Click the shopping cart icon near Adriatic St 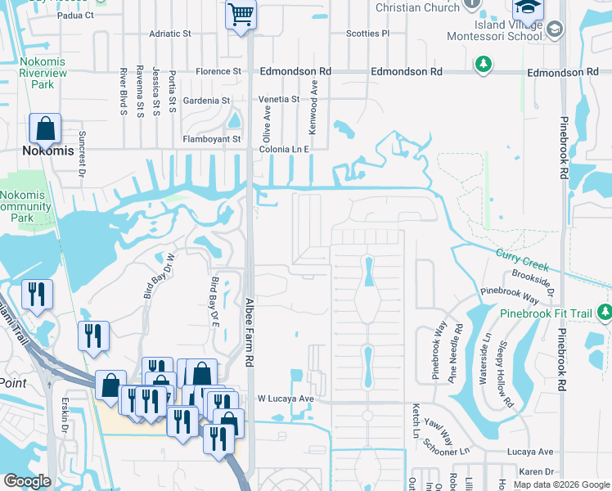coord(241,14)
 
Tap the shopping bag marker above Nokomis coord(45,128)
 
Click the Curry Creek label coord(521,259)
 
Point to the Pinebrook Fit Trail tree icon coord(605,311)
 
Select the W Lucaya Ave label coord(286,399)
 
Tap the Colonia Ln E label coord(284,150)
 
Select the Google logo coord(27,481)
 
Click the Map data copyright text coord(560,484)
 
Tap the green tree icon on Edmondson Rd coord(484,63)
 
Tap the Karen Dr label coord(537,472)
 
